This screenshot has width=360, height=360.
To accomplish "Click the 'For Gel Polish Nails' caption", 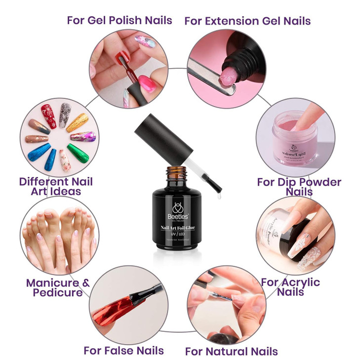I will point(120,20).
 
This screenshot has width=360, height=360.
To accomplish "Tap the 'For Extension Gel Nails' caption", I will point(247,21).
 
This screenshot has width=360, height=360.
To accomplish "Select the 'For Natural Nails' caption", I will point(231,352).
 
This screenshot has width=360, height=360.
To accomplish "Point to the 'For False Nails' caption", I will point(123,351).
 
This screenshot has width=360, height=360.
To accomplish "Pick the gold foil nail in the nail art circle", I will point(79,121).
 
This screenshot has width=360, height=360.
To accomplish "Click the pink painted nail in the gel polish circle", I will point(147,81).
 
